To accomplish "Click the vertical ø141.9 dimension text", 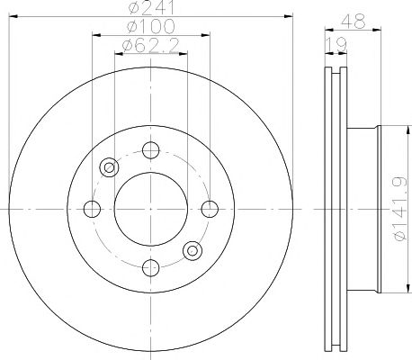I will (397, 209).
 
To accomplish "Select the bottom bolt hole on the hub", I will (150, 267).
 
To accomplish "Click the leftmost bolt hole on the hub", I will (91, 209).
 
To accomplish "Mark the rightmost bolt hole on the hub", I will (210, 209).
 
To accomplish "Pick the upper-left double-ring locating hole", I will (110, 166).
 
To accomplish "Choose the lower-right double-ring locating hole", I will (191, 250).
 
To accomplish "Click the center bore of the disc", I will (150, 209).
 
